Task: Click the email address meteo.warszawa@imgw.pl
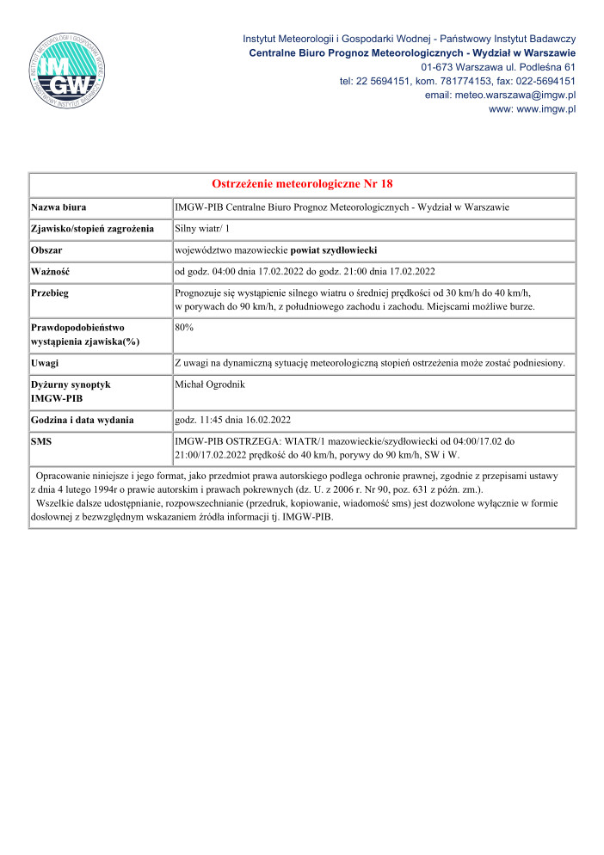coord(500,95)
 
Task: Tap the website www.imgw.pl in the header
coord(532,109)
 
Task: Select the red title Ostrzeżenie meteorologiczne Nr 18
coord(302,184)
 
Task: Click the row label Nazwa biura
coord(59,208)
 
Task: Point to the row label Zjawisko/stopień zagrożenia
coord(92,229)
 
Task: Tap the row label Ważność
coord(51,272)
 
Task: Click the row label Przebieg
coord(50,293)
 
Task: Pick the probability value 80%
coord(184,328)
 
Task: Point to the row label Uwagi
coord(45,364)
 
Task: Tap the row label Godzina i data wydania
coord(82,420)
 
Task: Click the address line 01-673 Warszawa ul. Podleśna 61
coord(498,67)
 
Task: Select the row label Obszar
coord(47,250)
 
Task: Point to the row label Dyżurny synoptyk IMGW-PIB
coord(71,392)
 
